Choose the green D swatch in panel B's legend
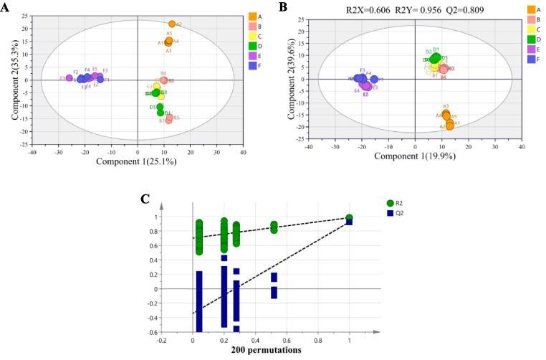click(x=532, y=39)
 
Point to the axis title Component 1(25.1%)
click(x=137, y=162)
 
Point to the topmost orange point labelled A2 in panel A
click(x=172, y=24)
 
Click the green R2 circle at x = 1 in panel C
click(x=349, y=218)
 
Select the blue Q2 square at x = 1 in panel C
click(x=349, y=222)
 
